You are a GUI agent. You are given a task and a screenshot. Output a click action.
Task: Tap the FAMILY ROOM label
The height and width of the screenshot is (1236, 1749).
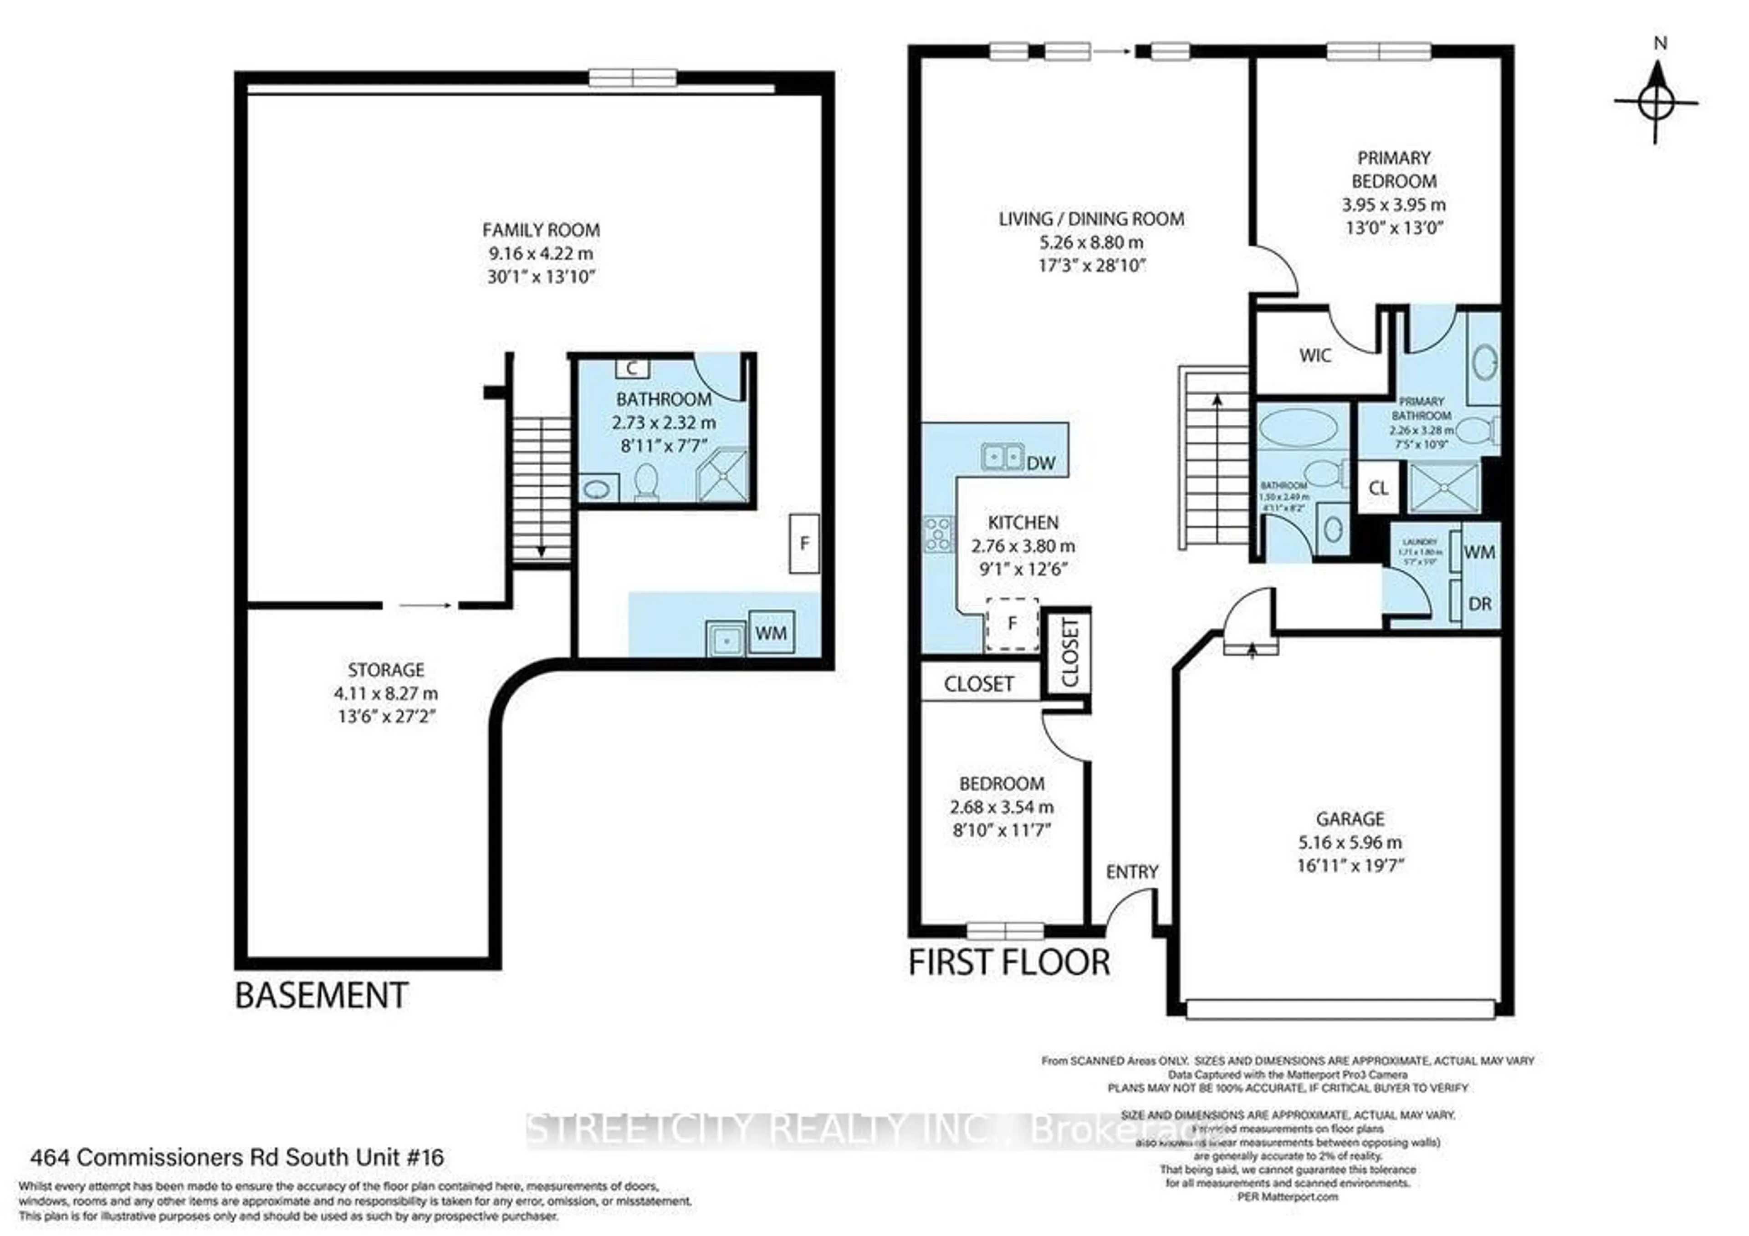pyautogui.click(x=541, y=230)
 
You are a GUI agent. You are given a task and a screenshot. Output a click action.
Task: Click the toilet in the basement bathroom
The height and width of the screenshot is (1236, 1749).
pyautogui.click(x=646, y=482)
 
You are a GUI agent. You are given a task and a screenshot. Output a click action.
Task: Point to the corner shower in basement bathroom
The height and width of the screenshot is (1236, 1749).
pyautogui.click(x=722, y=477)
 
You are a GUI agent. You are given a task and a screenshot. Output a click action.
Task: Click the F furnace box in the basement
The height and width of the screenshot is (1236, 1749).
pyautogui.click(x=803, y=544)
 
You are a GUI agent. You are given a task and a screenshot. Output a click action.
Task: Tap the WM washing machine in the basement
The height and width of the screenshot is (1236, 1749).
pyautogui.click(x=771, y=633)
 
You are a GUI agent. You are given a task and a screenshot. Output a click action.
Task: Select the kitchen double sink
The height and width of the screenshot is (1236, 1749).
pyautogui.click(x=1002, y=457)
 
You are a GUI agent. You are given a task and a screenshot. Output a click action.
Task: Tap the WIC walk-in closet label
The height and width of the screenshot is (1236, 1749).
pyautogui.click(x=1315, y=356)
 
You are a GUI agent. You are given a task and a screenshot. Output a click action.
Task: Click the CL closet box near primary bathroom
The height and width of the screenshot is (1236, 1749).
pyautogui.click(x=1378, y=488)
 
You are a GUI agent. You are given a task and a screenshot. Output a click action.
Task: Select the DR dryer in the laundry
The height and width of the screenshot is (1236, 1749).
pyautogui.click(x=1479, y=604)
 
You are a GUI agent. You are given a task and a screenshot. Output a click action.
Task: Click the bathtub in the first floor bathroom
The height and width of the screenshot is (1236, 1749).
pyautogui.click(x=1297, y=427)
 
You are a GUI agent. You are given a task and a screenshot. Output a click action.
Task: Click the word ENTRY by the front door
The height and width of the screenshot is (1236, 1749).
pyautogui.click(x=1132, y=872)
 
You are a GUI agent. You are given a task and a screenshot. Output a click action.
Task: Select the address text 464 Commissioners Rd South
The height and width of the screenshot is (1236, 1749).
pyautogui.click(x=236, y=1158)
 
